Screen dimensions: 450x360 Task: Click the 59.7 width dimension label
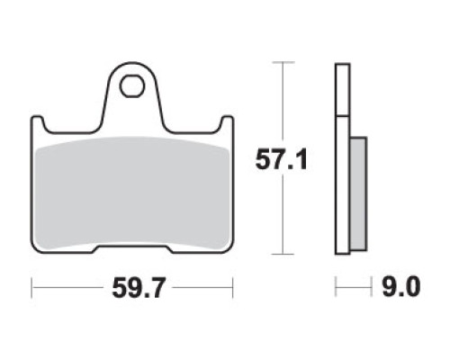coord(139,288)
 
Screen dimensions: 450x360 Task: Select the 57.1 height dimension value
coord(281,159)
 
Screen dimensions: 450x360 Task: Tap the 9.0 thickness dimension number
coord(400,287)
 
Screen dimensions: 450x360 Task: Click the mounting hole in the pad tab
coord(132,86)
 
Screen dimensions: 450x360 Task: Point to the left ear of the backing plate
coord(37,123)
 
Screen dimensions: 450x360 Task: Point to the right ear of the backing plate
coord(227,123)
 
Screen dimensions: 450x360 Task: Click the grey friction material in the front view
coord(132,193)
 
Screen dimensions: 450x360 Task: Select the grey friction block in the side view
coord(358,193)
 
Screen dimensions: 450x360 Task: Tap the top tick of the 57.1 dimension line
coord(283,62)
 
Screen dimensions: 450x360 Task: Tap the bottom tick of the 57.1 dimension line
coord(283,254)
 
